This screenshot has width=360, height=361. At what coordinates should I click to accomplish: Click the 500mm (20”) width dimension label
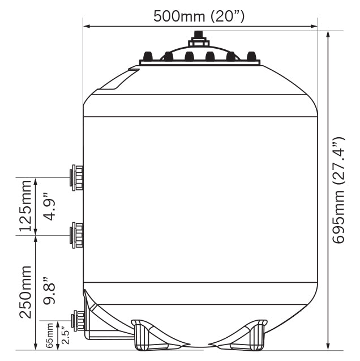tap(199, 16)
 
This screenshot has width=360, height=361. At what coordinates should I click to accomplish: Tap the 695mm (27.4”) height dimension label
tap(338, 190)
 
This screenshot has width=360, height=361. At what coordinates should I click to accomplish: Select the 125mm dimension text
tap(25, 206)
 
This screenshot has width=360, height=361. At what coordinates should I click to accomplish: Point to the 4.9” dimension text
tap(49, 206)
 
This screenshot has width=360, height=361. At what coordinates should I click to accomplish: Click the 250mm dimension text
tap(25, 292)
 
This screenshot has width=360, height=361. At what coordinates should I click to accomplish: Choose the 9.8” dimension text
tap(49, 291)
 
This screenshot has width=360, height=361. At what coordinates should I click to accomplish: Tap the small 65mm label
tap(49, 335)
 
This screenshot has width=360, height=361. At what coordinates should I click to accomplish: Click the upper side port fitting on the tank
tap(76, 178)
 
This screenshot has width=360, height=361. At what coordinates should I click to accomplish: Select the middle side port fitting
tap(76, 235)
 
